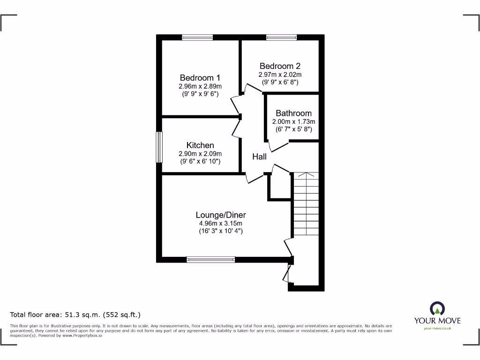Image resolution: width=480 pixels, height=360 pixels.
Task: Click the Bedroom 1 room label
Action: [200, 78]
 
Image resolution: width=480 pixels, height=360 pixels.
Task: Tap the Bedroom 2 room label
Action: [280, 66]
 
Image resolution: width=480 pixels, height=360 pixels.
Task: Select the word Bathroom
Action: [293, 113]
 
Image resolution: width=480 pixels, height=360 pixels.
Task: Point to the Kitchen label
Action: [200, 145]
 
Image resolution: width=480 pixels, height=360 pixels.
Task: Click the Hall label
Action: [259, 157]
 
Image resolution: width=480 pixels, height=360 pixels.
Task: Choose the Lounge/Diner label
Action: [221, 215]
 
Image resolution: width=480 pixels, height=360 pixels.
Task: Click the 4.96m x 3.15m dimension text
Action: [221, 223]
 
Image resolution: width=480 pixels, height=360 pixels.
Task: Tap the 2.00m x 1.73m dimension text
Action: [293, 121]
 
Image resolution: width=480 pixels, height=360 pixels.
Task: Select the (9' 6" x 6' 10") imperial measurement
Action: [200, 162]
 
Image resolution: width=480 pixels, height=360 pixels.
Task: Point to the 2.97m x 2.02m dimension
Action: [280, 75]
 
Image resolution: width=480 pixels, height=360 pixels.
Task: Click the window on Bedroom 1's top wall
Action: [197, 37]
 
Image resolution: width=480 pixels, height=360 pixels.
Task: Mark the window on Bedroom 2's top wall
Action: [281, 37]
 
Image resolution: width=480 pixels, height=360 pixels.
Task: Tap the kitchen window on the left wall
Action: [159, 147]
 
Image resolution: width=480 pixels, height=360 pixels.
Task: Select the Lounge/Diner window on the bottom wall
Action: [210, 259]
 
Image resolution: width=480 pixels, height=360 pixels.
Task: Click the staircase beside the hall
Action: [306, 206]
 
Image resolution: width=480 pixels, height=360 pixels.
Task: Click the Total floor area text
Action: [75, 315]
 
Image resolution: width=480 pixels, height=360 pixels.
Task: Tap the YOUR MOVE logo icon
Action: [437, 308]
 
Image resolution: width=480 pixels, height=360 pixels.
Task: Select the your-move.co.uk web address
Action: [437, 328]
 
